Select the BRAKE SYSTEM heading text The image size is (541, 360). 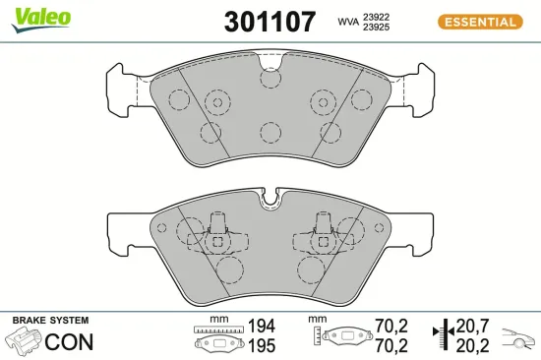point(49,321)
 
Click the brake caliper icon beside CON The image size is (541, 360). point(25,342)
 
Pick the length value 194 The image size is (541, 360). point(261,327)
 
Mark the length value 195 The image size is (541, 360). point(261,345)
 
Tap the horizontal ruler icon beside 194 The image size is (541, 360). point(216,329)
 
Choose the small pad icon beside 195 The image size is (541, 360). point(216,344)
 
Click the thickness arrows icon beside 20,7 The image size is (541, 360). point(444,335)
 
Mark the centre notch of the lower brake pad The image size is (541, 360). point(270,204)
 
